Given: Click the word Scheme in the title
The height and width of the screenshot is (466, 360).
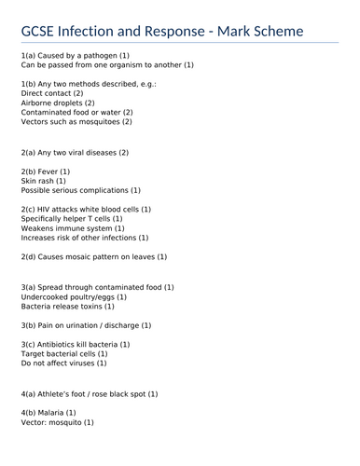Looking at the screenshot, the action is [x=274, y=33].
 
